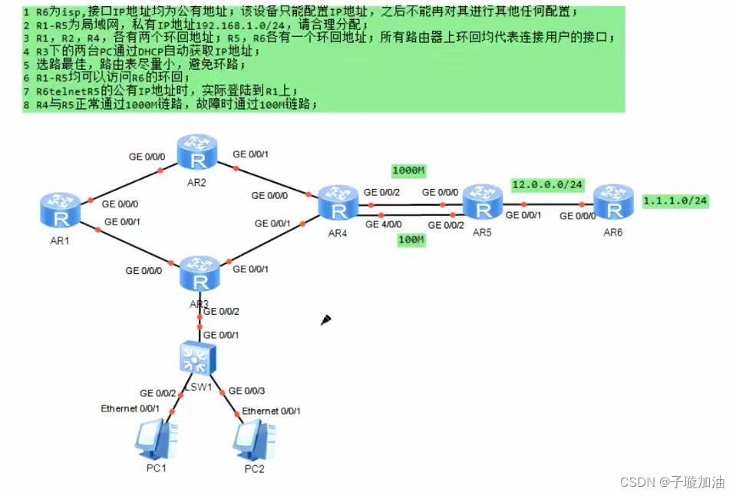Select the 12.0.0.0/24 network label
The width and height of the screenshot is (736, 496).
click(548, 185)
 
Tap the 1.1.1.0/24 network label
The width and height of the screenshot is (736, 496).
click(675, 201)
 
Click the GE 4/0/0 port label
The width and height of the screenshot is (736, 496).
click(383, 224)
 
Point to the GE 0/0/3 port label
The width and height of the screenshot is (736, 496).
click(247, 391)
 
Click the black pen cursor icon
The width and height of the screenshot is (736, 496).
click(326, 319)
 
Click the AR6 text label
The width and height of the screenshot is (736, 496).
click(612, 233)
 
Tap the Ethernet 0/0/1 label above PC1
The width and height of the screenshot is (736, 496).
click(130, 408)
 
